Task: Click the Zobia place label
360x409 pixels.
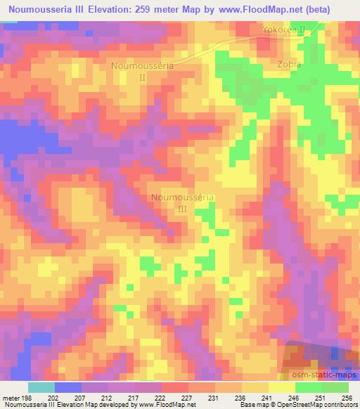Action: point(289,64)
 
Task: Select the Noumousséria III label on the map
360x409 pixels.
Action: point(181,202)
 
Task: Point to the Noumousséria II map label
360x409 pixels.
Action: point(142,71)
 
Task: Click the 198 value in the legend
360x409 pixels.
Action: point(27,398)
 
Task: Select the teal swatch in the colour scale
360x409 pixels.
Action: point(41,387)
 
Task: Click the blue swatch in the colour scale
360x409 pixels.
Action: point(67,387)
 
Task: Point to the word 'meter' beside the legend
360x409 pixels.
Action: point(10,398)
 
